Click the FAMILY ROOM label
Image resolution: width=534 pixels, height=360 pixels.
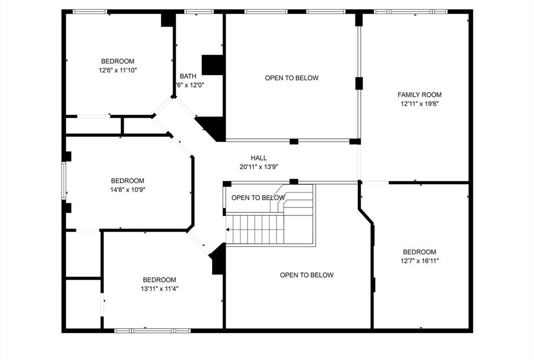pyautogui.click(x=419, y=94)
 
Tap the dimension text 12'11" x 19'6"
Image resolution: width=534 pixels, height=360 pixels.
pyautogui.click(x=419, y=104)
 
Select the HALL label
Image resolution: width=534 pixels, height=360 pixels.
pyautogui.click(x=259, y=158)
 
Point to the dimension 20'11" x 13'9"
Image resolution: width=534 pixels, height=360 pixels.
pyautogui.click(x=259, y=167)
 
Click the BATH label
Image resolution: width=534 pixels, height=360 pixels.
pyautogui.click(x=188, y=76)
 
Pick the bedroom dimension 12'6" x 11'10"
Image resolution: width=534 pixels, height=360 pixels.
pyautogui.click(x=117, y=70)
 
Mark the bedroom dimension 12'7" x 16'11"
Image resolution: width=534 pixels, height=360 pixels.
pyautogui.click(x=419, y=261)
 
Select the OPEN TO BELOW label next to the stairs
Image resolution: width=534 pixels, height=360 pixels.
pyautogui.click(x=258, y=198)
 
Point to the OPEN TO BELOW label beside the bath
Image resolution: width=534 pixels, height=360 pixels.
pyautogui.click(x=292, y=78)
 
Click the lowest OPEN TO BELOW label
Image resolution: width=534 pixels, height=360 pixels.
pyautogui.click(x=307, y=275)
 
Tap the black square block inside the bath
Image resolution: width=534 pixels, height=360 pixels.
pyautogui.click(x=213, y=64)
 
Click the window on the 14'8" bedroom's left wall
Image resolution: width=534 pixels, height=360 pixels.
pyautogui.click(x=64, y=181)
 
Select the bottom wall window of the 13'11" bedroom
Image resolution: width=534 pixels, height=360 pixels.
pyautogui.click(x=152, y=330)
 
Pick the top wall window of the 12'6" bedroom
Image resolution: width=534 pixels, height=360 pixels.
pyautogui.click(x=90, y=11)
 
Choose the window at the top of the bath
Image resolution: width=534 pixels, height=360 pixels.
pyautogui.click(x=199, y=11)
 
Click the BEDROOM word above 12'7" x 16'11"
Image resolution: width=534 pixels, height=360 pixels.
pyautogui.click(x=419, y=252)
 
